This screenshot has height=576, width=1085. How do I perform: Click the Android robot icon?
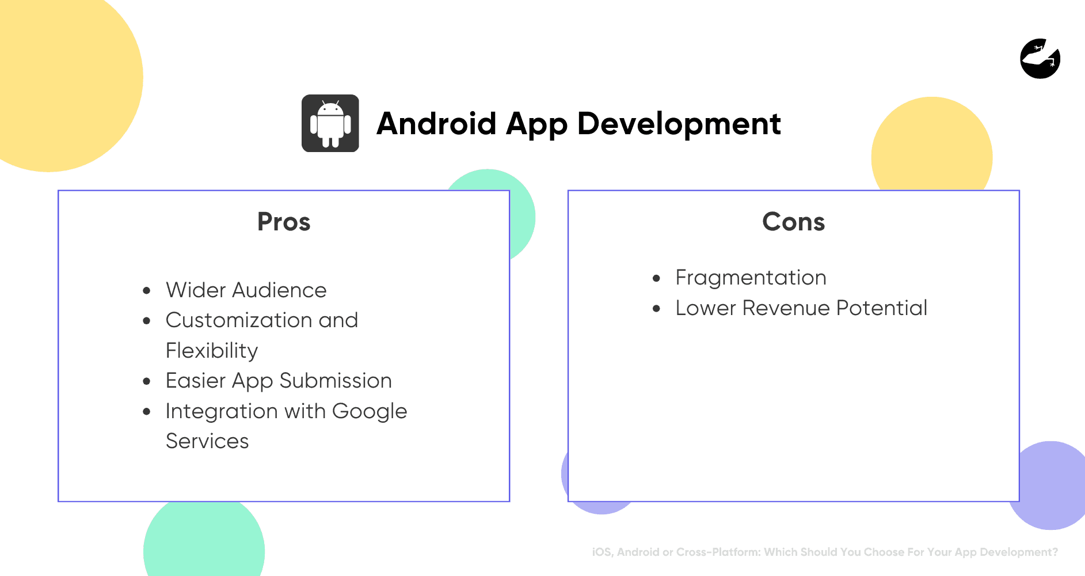(x=330, y=123)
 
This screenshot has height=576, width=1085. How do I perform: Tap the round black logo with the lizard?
(x=1040, y=58)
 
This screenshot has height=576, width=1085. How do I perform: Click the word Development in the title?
(x=679, y=124)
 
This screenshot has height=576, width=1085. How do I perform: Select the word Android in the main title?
(x=436, y=124)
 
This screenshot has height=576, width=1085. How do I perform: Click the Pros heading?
(x=284, y=222)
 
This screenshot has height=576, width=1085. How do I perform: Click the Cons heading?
(x=793, y=222)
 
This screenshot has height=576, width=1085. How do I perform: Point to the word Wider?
(x=195, y=290)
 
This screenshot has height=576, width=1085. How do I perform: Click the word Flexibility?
(x=211, y=351)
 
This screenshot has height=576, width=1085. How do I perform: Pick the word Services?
(x=207, y=441)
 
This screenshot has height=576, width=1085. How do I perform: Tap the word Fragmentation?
(x=751, y=278)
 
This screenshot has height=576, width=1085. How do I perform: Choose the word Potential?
(x=881, y=308)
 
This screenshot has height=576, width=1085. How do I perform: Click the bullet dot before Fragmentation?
(x=656, y=278)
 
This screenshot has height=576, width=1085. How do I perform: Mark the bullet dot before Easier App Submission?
(x=147, y=381)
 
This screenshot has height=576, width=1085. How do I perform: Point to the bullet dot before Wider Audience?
(x=147, y=290)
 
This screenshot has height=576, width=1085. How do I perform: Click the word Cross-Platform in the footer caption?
(x=718, y=552)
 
